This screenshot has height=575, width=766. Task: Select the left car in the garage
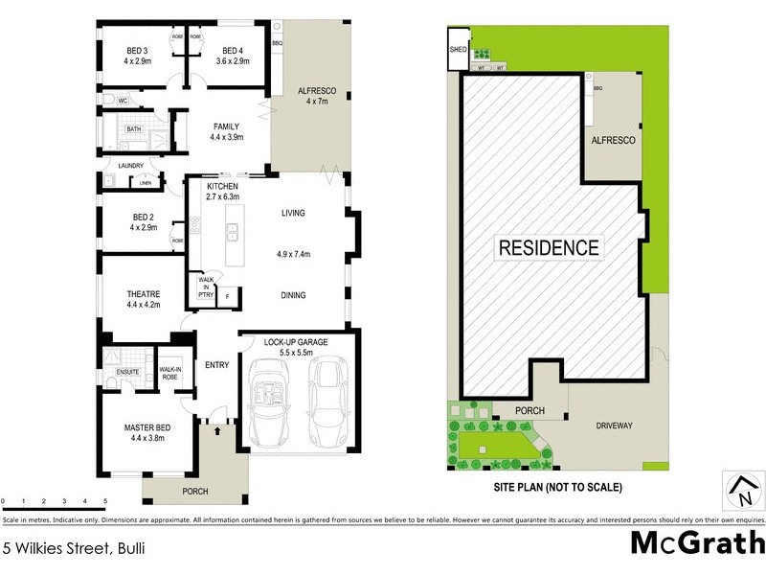click(271, 402)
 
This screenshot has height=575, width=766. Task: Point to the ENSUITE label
click(128, 372)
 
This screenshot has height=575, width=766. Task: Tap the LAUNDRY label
click(130, 166)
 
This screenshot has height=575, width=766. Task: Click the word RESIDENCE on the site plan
click(550, 247)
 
